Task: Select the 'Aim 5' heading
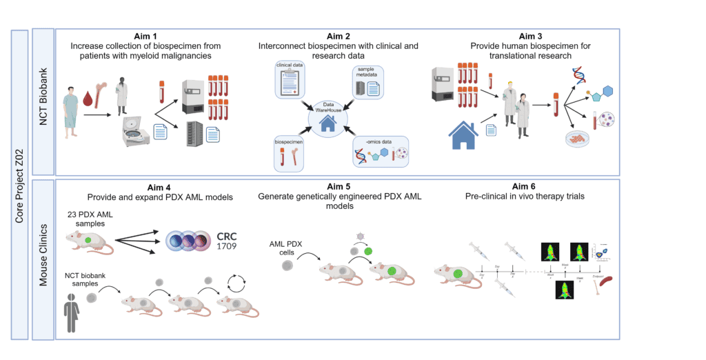click(339, 187)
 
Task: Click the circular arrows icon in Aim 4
click(238, 284)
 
